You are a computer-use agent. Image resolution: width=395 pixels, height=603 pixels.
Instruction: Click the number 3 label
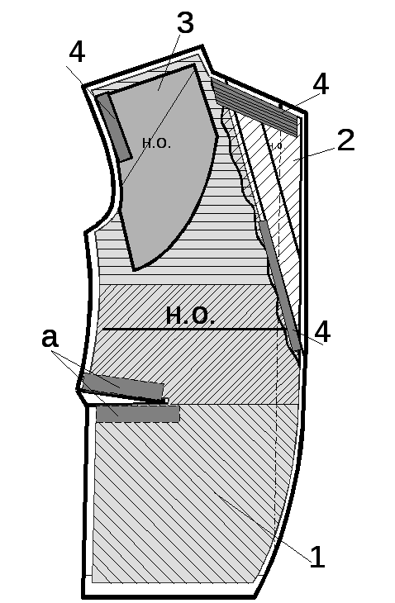185,22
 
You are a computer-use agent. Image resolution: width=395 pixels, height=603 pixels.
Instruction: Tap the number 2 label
345,140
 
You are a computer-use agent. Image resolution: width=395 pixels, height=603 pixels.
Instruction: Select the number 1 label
317,557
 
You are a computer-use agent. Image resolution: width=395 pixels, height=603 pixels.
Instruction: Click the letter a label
50,338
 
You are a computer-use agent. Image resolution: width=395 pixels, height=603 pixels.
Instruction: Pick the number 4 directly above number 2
321,83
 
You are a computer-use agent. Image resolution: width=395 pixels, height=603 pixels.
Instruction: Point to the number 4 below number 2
322,331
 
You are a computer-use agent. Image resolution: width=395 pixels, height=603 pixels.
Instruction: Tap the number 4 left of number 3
77,52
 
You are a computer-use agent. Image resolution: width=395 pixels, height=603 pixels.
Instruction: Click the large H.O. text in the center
190,316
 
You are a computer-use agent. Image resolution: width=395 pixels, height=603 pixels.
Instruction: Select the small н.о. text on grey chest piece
156,143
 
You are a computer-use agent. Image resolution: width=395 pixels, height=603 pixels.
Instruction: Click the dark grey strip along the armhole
115,127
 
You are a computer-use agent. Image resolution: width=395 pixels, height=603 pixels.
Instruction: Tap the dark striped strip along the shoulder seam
255,106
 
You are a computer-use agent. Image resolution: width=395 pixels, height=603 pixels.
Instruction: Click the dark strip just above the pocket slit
123,386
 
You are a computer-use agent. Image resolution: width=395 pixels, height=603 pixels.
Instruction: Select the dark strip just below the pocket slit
138,414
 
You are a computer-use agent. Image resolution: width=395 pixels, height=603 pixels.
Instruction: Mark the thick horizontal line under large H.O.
193,330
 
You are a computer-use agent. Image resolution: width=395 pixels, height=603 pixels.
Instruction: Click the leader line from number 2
316,154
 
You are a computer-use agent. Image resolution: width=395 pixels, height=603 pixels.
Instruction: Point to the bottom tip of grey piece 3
134,270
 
